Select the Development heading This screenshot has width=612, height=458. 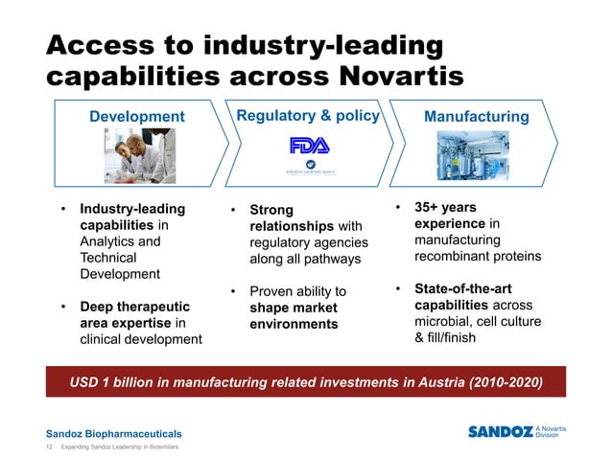tap(136, 117)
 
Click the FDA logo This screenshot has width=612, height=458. tap(309, 146)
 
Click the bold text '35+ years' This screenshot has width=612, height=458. tap(445, 207)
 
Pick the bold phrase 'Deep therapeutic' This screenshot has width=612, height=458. tap(134, 307)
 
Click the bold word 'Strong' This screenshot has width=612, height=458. tap(271, 210)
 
